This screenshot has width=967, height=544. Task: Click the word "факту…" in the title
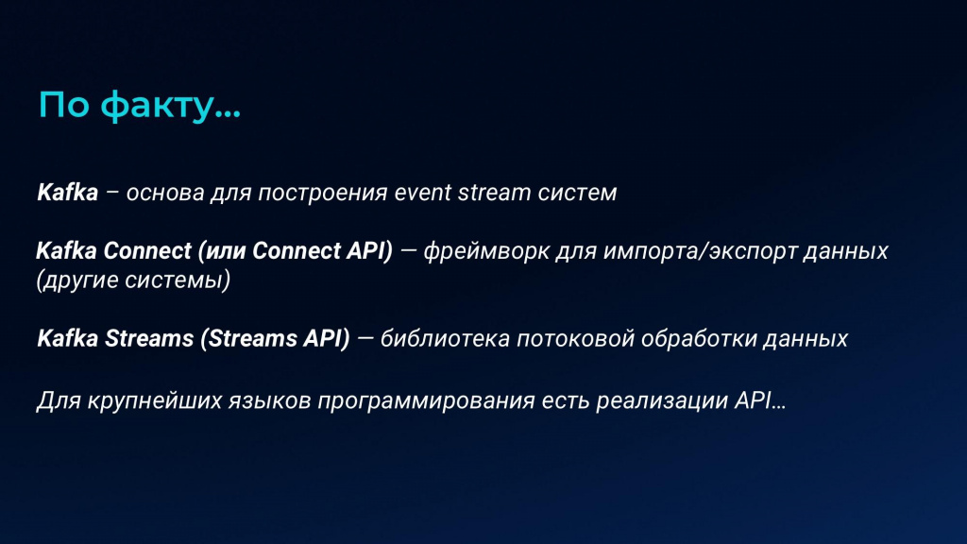170,106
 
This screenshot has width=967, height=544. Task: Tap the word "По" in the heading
64,104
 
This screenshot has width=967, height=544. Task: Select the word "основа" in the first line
165,193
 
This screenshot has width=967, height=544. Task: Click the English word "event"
423,193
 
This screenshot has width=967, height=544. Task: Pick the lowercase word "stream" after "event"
494,193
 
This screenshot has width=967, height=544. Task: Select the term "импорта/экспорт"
700,251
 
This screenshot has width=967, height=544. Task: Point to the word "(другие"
77,280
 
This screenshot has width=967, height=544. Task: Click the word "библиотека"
445,339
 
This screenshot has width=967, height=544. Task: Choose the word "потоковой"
575,339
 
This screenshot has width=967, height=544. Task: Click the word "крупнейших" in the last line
155,400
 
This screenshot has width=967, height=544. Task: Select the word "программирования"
426,400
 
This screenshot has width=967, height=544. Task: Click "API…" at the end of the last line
760,400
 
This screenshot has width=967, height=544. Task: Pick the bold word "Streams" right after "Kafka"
149,339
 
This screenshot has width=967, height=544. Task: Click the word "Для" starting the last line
59,400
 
